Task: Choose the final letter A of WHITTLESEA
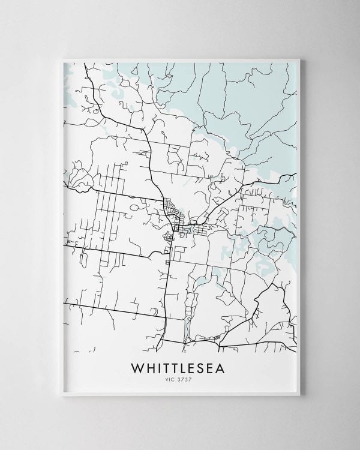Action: point(227,367)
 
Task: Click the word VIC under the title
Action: point(172,379)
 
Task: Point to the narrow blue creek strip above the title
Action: point(188,327)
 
